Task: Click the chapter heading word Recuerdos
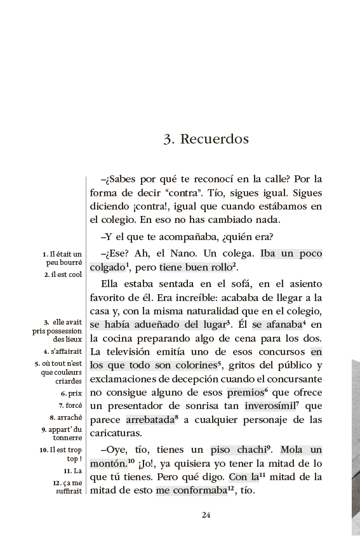tap(214, 139)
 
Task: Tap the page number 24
tap(206, 515)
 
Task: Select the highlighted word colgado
tap(107, 267)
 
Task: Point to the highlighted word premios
tap(244, 393)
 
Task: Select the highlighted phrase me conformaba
tap(190, 490)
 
